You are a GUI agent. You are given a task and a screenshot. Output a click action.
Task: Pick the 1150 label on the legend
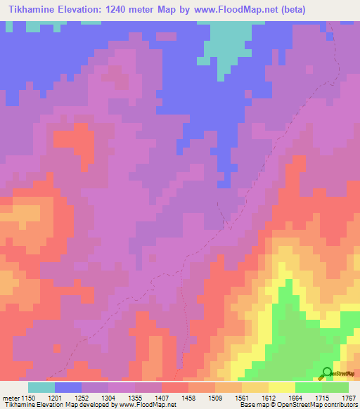tap(30, 398)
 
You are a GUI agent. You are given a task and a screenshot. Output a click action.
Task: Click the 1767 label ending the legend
tap(349, 398)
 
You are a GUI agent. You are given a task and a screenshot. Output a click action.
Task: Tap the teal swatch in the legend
tap(41, 387)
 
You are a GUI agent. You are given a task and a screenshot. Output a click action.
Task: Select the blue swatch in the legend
tap(68, 387)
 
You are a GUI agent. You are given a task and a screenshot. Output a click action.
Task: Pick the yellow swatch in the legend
tap(282, 387)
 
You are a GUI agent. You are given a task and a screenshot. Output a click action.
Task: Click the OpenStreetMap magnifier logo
tap(327, 373)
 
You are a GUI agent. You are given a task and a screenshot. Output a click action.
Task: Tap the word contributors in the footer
tap(340, 405)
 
